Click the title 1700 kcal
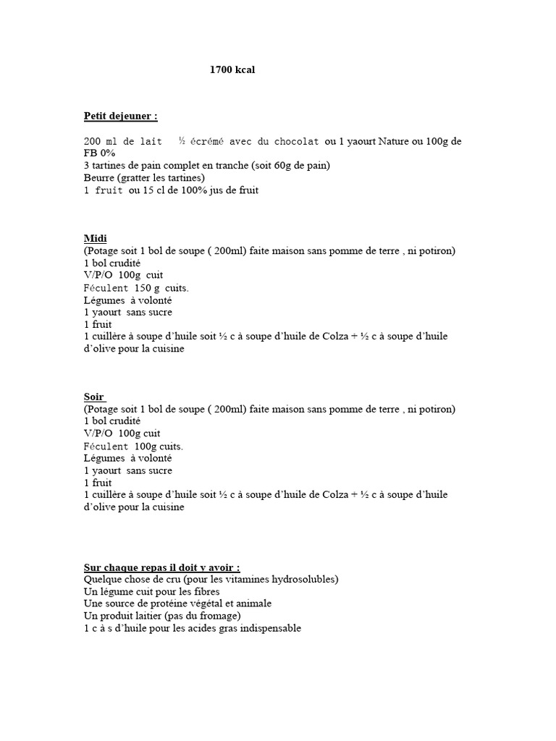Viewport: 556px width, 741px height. pos(232,70)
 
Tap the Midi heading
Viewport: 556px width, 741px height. pos(95,238)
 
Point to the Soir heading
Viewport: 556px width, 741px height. pos(94,397)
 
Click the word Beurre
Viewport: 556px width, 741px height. pos(99,178)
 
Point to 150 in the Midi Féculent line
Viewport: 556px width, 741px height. pos(142,288)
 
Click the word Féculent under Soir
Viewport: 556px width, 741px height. pos(106,446)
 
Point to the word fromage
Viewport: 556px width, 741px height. pos(216,616)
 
